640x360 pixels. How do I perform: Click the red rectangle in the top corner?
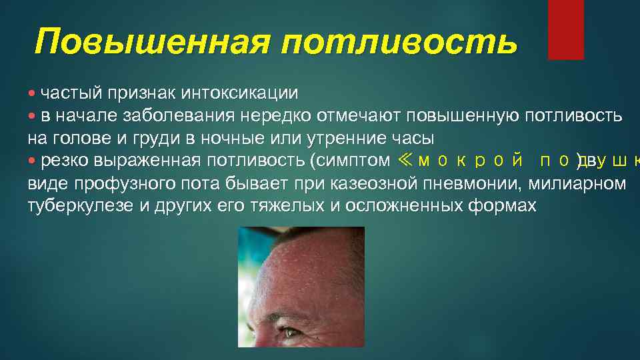pyautogui.click(x=565, y=29)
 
